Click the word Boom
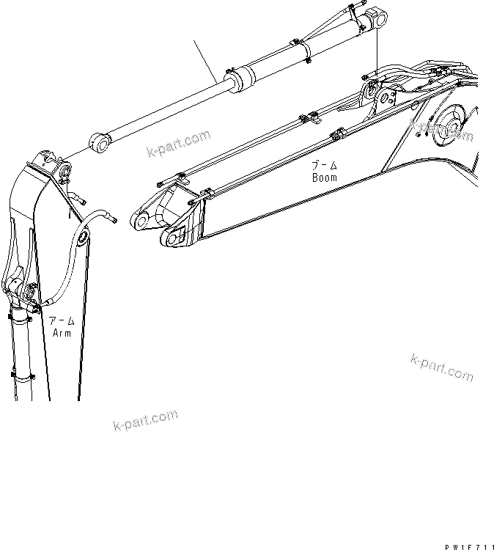[324, 177]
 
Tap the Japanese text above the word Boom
[324, 166]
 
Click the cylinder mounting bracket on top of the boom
[372, 91]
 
